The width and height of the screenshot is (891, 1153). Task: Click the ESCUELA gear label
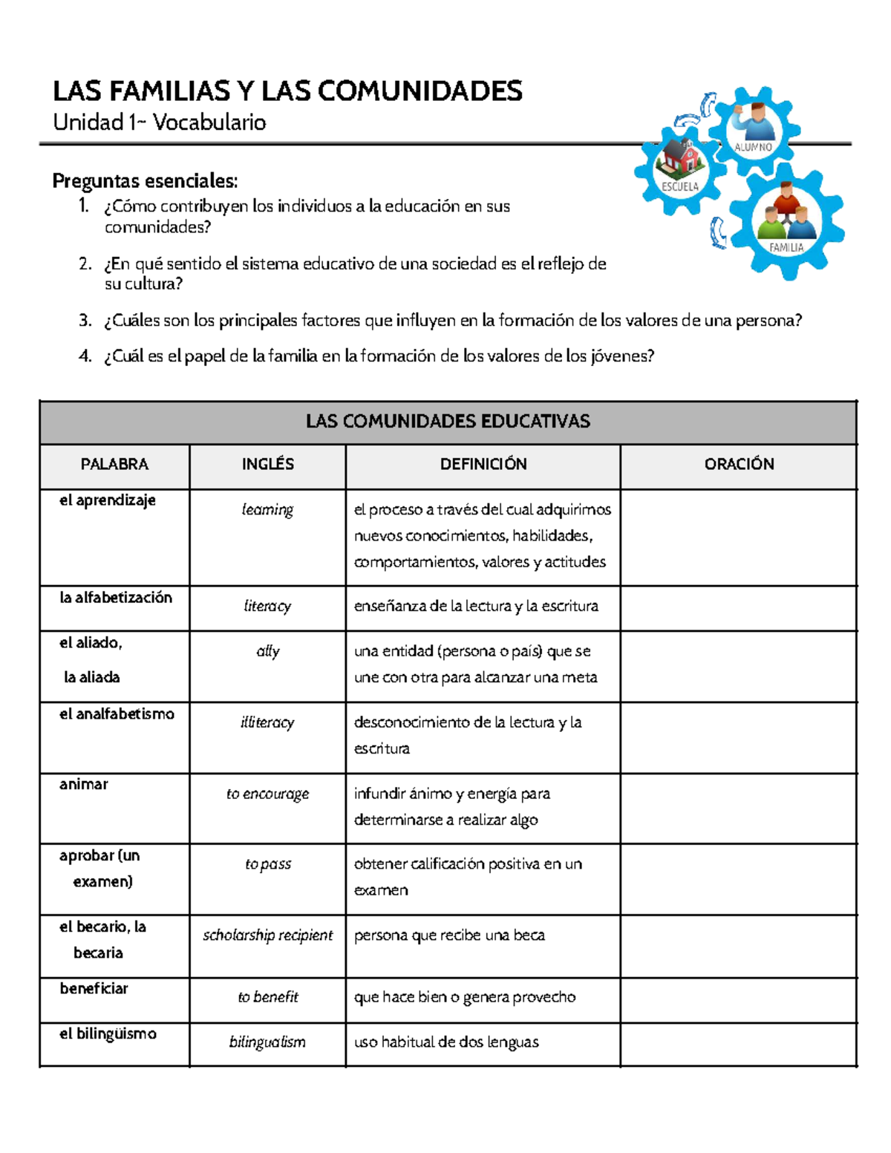[680, 186]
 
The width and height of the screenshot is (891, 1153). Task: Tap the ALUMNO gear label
[753, 147]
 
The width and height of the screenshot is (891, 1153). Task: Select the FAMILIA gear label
[786, 247]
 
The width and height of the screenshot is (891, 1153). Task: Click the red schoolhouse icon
[681, 158]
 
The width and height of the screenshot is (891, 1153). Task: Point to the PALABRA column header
[114, 464]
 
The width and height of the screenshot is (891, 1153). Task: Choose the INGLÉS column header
[267, 464]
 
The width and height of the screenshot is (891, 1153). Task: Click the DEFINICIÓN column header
[483, 464]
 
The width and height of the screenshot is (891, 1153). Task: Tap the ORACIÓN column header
[739, 464]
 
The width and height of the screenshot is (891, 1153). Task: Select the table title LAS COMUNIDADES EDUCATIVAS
[448, 422]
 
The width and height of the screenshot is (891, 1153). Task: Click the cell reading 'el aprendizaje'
[108, 500]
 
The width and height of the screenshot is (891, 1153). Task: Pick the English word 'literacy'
[267, 606]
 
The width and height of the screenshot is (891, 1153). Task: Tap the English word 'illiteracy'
[267, 722]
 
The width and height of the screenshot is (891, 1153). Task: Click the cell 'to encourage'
[267, 794]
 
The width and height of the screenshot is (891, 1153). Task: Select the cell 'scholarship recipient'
[267, 935]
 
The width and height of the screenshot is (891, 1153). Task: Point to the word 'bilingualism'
[267, 1042]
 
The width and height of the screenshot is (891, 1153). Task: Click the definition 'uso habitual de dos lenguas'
[446, 1042]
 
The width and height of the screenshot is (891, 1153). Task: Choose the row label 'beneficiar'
[94, 989]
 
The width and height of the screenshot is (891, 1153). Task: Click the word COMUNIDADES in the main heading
[421, 91]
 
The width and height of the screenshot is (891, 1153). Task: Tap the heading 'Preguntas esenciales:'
[145, 180]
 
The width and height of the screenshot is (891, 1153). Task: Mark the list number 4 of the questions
[85, 356]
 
